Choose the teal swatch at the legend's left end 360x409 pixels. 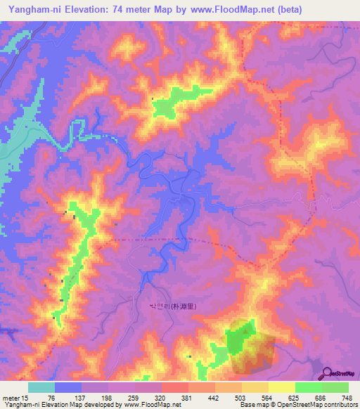tap(41, 387)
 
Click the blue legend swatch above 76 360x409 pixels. tap(68, 387)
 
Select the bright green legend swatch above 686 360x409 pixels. tap(309, 387)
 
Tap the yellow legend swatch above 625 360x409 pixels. tap(282, 387)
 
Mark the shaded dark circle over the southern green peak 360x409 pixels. tap(250, 346)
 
